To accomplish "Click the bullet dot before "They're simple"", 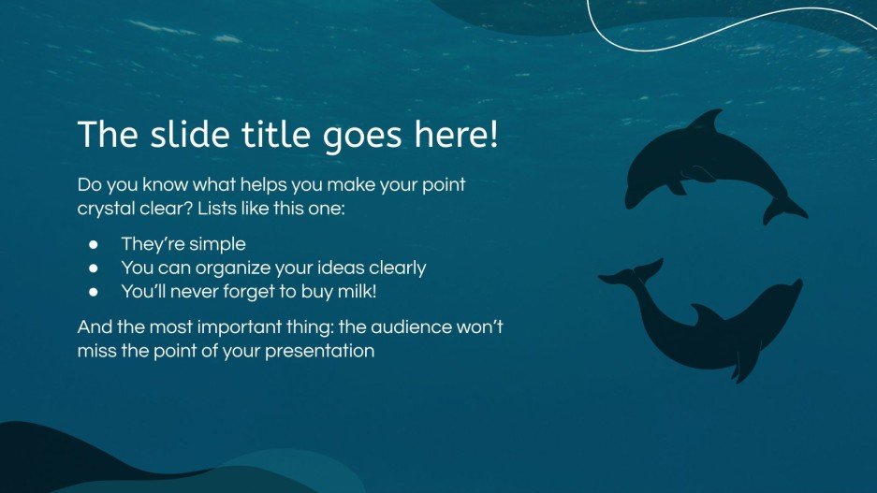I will [94, 245].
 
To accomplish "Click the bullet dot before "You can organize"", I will [94, 268].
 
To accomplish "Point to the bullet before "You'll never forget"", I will [94, 292].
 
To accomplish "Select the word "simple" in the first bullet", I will [216, 244].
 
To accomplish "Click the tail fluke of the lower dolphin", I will [629, 274].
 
